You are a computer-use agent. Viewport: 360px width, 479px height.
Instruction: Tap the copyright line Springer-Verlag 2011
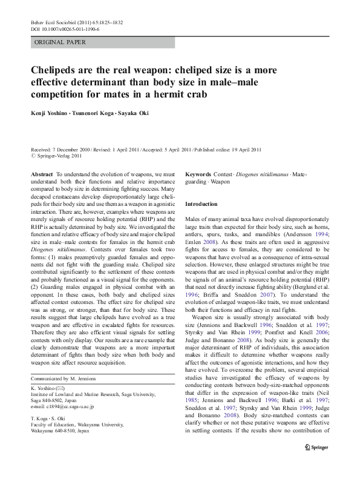click(x=58, y=156)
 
